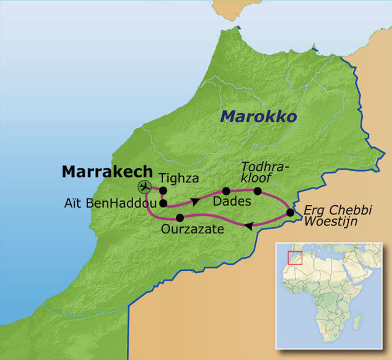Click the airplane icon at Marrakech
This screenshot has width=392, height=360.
pyautogui.click(x=144, y=187)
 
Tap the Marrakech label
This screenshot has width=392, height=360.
pyautogui.click(x=107, y=172)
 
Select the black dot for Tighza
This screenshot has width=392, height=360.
pyautogui.click(x=163, y=190)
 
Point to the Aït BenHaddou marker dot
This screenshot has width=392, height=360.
pyautogui.click(x=163, y=203)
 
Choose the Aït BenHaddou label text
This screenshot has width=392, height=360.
pyautogui.click(x=111, y=203)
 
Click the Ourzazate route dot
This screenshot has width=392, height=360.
pyautogui.click(x=180, y=218)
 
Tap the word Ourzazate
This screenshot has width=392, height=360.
pyautogui.click(x=192, y=229)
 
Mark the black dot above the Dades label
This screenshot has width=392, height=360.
pyautogui.click(x=226, y=191)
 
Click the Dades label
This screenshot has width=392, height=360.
pyautogui.click(x=232, y=201)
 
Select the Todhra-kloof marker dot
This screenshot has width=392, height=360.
pyautogui.click(x=258, y=191)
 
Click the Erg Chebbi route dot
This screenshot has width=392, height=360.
pyautogui.click(x=290, y=213)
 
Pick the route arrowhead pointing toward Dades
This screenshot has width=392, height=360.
pyautogui.click(x=196, y=200)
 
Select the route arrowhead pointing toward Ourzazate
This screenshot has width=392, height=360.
pyautogui.click(x=248, y=226)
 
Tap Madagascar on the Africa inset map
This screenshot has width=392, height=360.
pyautogui.click(x=357, y=321)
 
